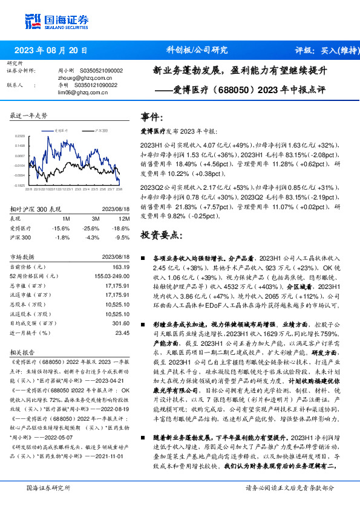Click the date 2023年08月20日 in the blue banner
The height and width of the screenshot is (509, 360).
pyautogui.click(x=51, y=51)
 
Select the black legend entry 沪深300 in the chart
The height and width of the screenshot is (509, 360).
pyautogui.click(x=99, y=130)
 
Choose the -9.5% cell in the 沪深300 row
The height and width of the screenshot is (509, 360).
pyautogui.click(x=123, y=238)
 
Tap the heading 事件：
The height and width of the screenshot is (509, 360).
pyautogui.click(x=152, y=117)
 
